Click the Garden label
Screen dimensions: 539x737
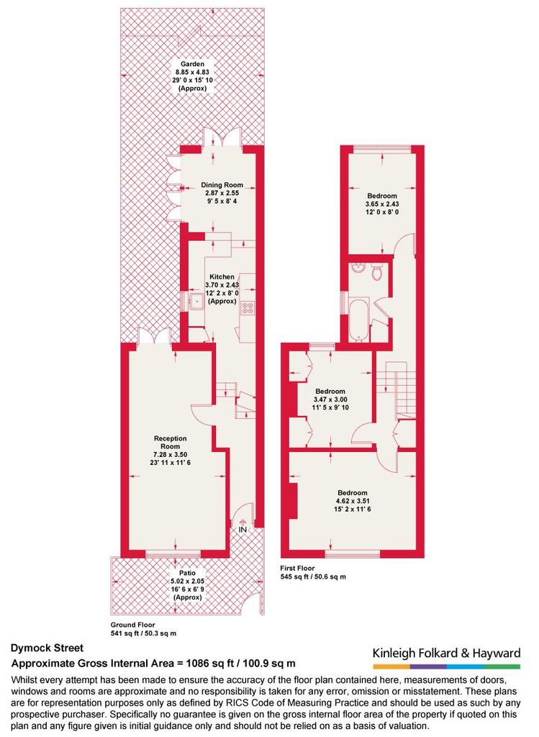(193, 64)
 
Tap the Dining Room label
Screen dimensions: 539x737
(222, 185)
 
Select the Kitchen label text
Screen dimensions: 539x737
(222, 276)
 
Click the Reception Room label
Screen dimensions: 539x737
(170, 443)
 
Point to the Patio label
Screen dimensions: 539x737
(187, 573)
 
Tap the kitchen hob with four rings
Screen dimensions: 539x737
(247, 308)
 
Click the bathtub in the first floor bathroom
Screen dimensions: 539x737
(359, 319)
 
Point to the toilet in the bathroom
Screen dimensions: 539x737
(377, 271)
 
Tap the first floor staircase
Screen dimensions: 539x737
(400, 390)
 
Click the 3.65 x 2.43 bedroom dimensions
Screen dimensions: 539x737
(382, 204)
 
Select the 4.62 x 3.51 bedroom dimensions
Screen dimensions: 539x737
(353, 501)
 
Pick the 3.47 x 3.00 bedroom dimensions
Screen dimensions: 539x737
(330, 399)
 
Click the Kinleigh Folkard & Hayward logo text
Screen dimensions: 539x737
(446, 653)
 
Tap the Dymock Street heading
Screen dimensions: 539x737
(47, 648)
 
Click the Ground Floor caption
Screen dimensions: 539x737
(132, 625)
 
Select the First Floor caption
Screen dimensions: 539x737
(297, 568)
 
